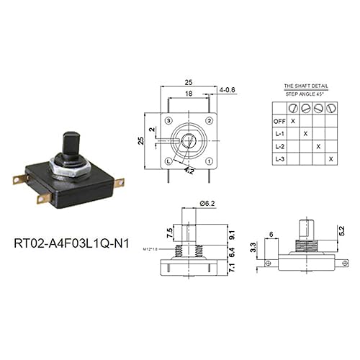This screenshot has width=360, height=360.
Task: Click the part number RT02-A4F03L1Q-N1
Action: click(74, 242)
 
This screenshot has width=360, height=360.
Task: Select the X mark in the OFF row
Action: click(292, 120)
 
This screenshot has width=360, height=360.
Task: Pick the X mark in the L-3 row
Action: click(331, 158)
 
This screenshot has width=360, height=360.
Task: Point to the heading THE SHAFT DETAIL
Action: click(305, 85)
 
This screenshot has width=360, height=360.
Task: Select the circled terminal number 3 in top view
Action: click(169, 120)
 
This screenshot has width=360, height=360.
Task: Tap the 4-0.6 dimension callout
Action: click(228, 90)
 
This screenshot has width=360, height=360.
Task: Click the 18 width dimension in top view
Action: click(189, 94)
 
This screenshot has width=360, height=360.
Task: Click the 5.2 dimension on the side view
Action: click(342, 231)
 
